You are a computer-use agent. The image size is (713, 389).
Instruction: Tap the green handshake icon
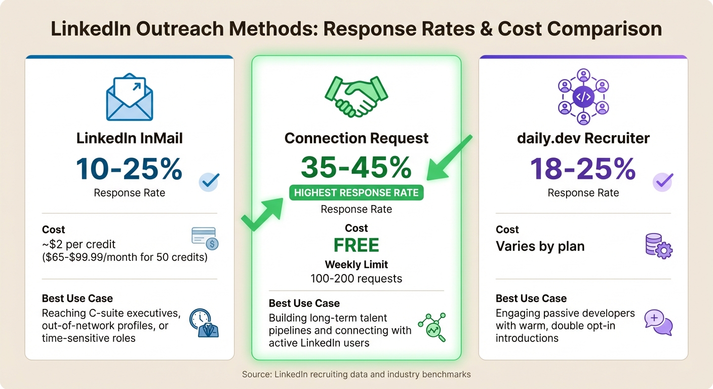click(356, 96)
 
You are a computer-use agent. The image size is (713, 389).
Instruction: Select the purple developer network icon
click(583, 97)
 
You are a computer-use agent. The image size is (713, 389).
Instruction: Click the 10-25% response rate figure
click(129, 169)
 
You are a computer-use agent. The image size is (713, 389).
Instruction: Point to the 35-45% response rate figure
click(356, 167)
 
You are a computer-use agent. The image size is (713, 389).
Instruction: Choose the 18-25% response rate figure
click(583, 169)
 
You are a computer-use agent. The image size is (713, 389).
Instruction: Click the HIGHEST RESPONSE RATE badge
click(356, 192)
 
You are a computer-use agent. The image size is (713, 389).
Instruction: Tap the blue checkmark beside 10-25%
click(209, 181)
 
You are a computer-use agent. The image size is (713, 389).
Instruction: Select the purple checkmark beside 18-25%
click(662, 181)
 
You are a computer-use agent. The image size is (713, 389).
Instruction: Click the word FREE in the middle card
click(356, 246)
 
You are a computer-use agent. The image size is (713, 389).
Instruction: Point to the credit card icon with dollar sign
click(205, 239)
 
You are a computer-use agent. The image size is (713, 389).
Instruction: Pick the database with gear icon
click(658, 246)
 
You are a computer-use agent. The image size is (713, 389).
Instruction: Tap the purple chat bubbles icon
click(658, 322)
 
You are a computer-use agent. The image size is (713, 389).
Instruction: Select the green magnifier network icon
click(431, 326)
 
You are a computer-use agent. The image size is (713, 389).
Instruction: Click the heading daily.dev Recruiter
click(583, 138)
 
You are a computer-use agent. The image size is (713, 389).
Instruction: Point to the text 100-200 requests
click(356, 278)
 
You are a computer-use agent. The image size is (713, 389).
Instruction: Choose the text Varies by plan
click(540, 247)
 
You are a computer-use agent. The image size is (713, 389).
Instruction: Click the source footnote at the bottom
click(356, 375)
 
